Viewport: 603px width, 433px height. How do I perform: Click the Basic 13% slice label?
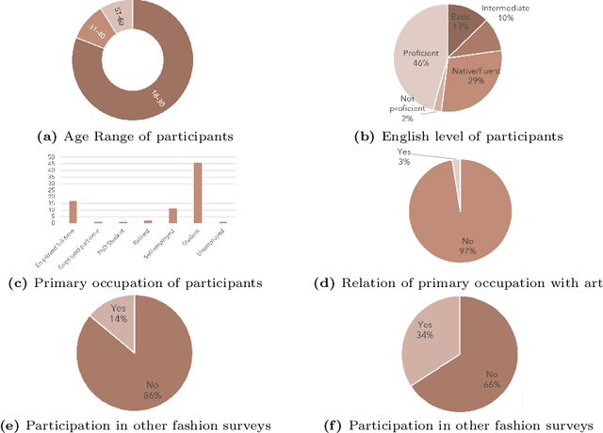coord(462,23)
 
